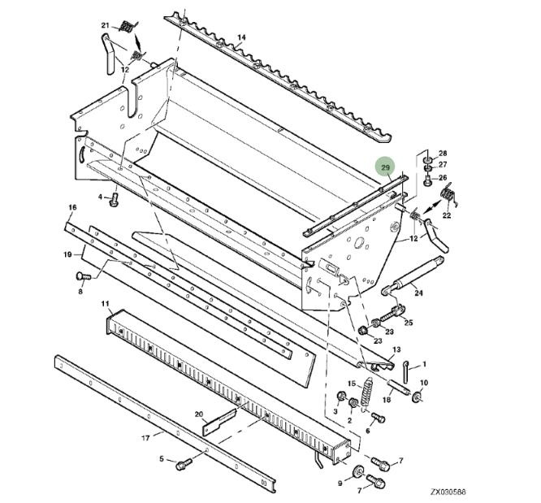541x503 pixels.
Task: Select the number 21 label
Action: coord(105,26)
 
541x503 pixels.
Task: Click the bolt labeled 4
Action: coord(114,197)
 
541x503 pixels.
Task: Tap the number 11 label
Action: coord(106,304)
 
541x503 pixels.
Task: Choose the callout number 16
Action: coord(71,208)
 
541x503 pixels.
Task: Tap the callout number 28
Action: coord(443,153)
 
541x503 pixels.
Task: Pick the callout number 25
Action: coord(409,323)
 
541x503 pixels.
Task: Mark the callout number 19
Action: coord(68,255)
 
